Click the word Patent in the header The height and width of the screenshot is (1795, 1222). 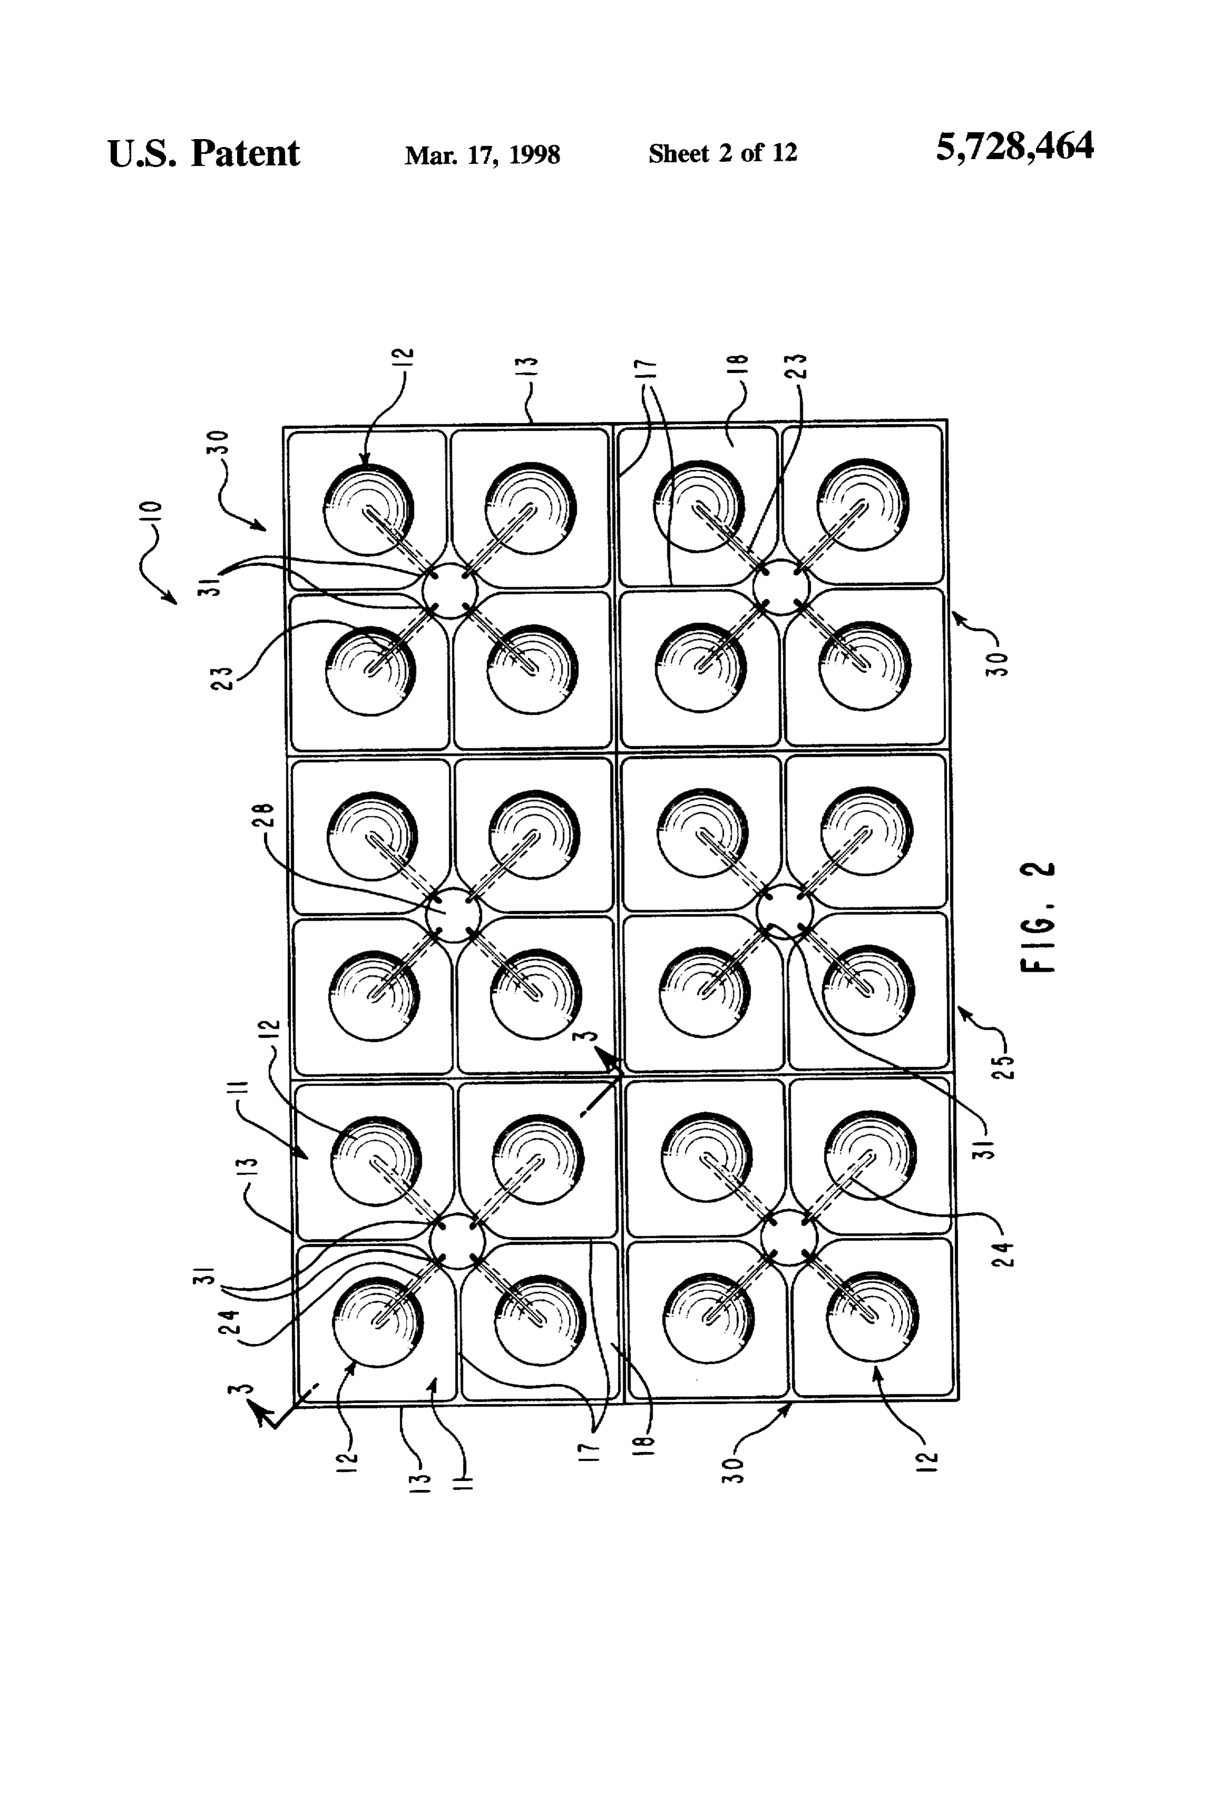[245, 154]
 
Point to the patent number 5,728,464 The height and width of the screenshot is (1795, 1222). [1014, 146]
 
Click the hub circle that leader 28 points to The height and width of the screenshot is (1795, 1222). [452, 914]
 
